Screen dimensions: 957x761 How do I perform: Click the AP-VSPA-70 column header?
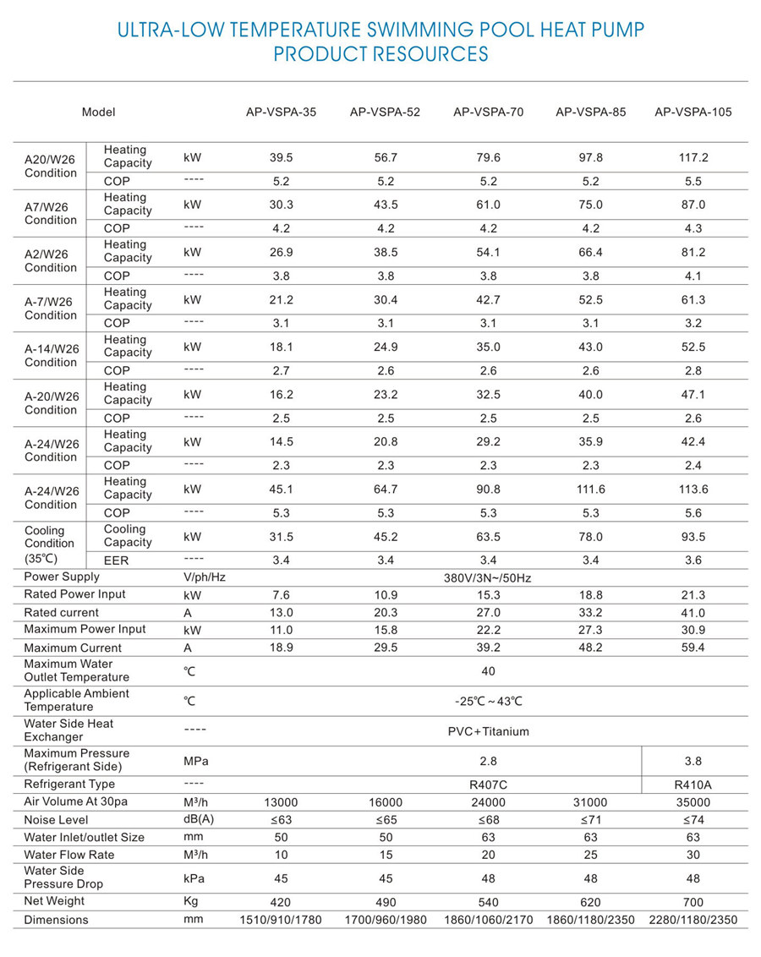pyautogui.click(x=489, y=112)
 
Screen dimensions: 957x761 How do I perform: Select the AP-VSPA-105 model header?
pyautogui.click(x=693, y=112)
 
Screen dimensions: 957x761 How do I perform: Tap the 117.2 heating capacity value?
pyautogui.click(x=693, y=157)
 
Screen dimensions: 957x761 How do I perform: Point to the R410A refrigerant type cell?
pyautogui.click(x=693, y=785)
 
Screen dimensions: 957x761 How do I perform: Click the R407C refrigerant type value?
pyautogui.click(x=488, y=785)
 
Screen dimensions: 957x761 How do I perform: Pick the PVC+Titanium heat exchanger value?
pyautogui.click(x=488, y=731)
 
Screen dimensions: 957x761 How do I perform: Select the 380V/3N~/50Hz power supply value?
pyautogui.click(x=488, y=578)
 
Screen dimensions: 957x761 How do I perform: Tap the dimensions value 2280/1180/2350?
pyautogui.click(x=693, y=920)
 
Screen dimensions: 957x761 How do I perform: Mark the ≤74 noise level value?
pyautogui.click(x=693, y=819)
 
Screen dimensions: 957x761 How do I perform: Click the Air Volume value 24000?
pyautogui.click(x=488, y=801)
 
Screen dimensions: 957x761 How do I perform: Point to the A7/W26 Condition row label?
pyautogui.click(x=51, y=212)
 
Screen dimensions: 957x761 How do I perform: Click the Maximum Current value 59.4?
pyautogui.click(x=693, y=648)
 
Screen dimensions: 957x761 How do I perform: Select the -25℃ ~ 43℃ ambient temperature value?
pyautogui.click(x=488, y=701)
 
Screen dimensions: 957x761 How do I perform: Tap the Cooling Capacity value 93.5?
pyautogui.click(x=693, y=536)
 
